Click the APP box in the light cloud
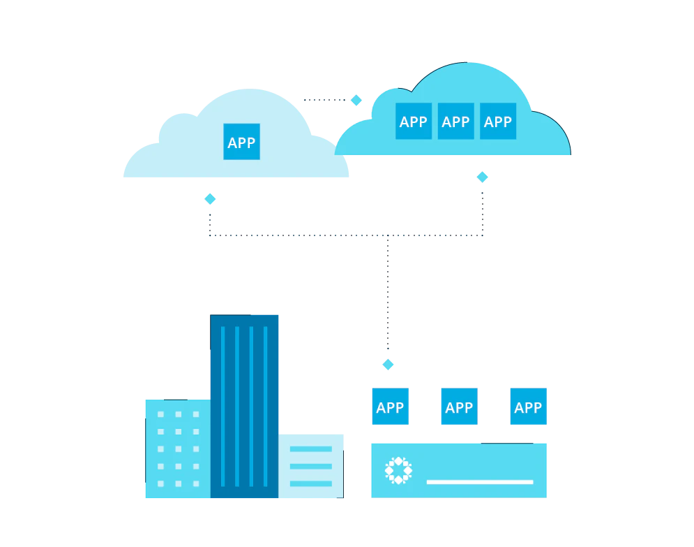241,141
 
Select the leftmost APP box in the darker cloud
414,121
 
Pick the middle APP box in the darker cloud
456,121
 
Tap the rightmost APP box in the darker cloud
498,121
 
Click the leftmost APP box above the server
391,407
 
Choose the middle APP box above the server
460,407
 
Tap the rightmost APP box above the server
529,407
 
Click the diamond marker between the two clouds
356,100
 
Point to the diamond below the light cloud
210,199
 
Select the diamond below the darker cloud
483,177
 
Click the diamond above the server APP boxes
389,365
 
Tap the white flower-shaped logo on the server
398,470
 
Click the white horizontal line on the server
480,482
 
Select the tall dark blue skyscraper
244,407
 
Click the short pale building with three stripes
310,467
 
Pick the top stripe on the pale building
310,449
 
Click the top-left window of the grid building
160,414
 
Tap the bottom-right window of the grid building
196,483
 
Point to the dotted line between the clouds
324,100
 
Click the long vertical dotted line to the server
389,292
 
